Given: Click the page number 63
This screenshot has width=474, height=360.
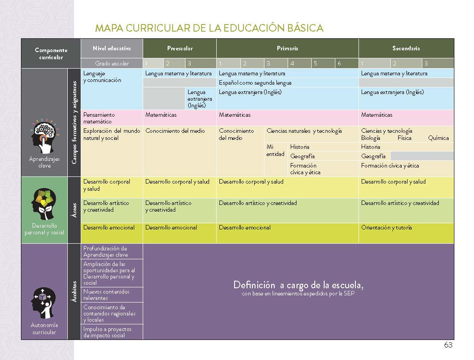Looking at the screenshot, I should pyautogui.click(x=448, y=345).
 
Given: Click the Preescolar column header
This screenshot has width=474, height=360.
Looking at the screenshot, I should pyautogui.click(x=180, y=48).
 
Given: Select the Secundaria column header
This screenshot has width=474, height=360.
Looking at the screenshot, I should pyautogui.click(x=406, y=48).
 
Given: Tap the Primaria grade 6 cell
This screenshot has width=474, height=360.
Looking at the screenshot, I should pyautogui.click(x=346, y=63).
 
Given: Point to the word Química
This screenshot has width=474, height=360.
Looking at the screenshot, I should pyautogui.click(x=438, y=138).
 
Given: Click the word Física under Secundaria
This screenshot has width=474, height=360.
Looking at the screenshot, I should pyautogui.click(x=404, y=138).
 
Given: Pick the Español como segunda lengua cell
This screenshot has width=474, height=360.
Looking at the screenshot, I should pyautogui.click(x=255, y=82).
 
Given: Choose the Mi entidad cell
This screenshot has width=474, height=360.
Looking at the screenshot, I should pyautogui.click(x=276, y=150).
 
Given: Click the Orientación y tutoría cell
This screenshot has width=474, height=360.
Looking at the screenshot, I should pyautogui.click(x=386, y=228).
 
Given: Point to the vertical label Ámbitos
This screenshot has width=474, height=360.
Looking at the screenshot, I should pyautogui.click(x=74, y=291).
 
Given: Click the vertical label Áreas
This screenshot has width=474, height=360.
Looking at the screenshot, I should pyautogui.click(x=74, y=210).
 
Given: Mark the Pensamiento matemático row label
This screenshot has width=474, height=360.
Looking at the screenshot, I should pyautogui.click(x=99, y=118).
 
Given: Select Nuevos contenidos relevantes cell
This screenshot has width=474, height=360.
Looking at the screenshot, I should pyautogui.click(x=107, y=295).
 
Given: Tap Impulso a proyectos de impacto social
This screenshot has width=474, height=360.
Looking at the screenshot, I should pyautogui.click(x=107, y=332).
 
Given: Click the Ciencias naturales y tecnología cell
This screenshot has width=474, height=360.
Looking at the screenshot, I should pyautogui.click(x=304, y=131).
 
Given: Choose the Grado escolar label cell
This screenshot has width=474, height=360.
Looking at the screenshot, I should pyautogui.click(x=111, y=63).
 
